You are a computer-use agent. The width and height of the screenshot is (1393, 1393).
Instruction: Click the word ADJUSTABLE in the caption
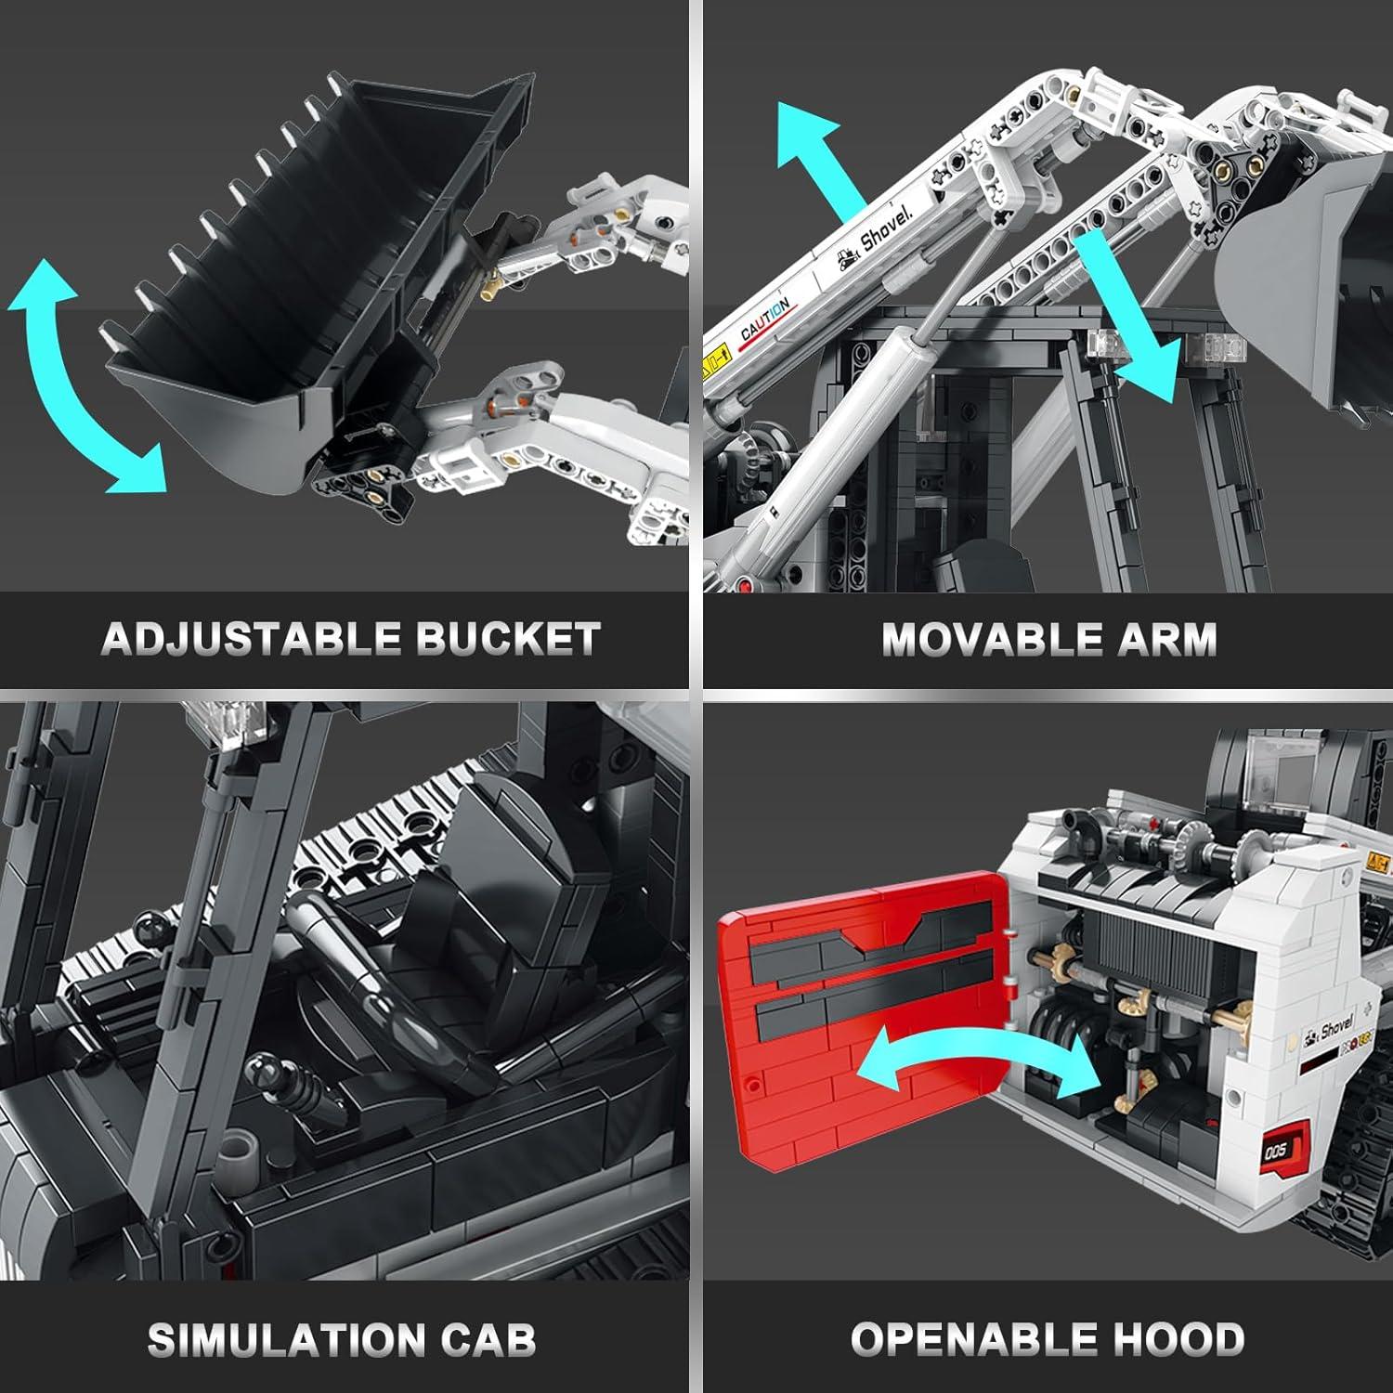[x=251, y=639]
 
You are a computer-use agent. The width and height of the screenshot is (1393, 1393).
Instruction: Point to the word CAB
[x=488, y=1339]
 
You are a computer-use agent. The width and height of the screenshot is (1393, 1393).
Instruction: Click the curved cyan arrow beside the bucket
[x=70, y=381]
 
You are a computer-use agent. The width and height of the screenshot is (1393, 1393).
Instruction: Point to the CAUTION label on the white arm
[x=765, y=319]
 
